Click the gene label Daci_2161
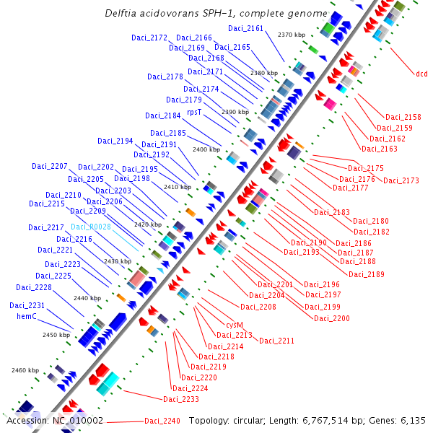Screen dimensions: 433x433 click(246, 29)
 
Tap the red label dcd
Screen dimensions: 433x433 click(421, 74)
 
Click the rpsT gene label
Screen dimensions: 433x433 click(194, 113)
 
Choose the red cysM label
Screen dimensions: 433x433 click(235, 325)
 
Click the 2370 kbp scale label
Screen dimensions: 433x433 click(292, 35)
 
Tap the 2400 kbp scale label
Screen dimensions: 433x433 click(206, 149)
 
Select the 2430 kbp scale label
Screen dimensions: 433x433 click(118, 261)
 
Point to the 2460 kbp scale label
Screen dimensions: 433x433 click(25, 370)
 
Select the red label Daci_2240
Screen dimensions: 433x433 click(162, 421)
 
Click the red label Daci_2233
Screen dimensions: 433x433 click(181, 399)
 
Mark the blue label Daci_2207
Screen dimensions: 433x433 click(49, 167)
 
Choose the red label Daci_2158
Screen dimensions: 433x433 click(403, 117)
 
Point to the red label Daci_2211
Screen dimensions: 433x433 click(277, 341)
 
